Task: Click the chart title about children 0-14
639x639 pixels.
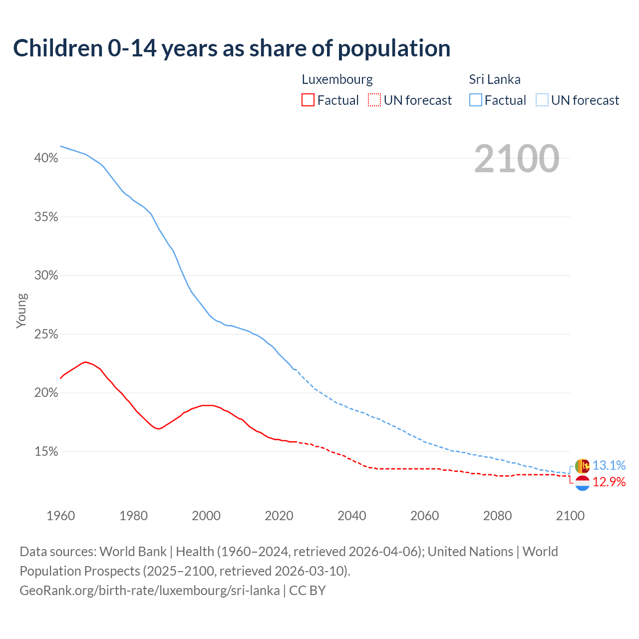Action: [x=232, y=48]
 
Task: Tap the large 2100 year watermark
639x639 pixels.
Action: [x=517, y=159]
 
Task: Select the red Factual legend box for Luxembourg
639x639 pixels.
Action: [x=308, y=100]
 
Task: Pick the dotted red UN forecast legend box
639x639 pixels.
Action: [x=374, y=100]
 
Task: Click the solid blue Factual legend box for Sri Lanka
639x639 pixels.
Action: [x=475, y=100]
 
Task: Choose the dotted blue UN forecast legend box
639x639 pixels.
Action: [x=542, y=100]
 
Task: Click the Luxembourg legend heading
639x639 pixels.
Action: [x=337, y=79]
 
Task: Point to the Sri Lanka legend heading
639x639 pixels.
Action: [x=494, y=79]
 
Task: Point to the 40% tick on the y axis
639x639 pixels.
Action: [x=46, y=158]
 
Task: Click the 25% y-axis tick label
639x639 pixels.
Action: [x=46, y=334]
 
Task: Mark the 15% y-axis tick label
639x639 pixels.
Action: [x=46, y=452]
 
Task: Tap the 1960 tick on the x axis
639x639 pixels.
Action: [x=60, y=516]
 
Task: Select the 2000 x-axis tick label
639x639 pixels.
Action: [x=206, y=516]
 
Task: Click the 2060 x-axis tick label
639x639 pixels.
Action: [x=424, y=516]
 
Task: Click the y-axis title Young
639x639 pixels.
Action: [x=21, y=311]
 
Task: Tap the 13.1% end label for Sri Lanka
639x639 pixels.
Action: [x=609, y=465]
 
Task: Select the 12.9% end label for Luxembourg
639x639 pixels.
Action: [x=609, y=482]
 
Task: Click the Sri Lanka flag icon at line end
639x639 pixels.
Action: [x=582, y=466]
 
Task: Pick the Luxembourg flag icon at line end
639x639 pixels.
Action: [x=582, y=483]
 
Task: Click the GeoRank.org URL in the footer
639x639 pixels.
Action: [x=150, y=591]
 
